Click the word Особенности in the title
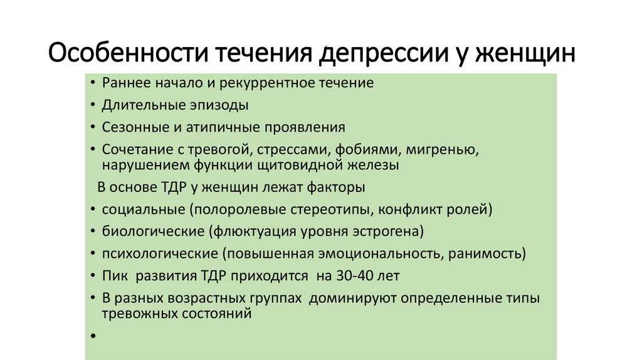pyautogui.click(x=129, y=53)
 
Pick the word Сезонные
pyautogui.click(x=135, y=127)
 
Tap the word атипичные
pyautogui.click(x=223, y=127)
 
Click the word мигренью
pyautogui.click(x=442, y=150)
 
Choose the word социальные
pyautogui.click(x=144, y=209)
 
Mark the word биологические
pyautogui.click(x=153, y=231)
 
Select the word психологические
pyautogui.click(x=160, y=254)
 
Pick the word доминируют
pyautogui.click(x=352, y=298)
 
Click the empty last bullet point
pyautogui.click(x=93, y=336)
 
